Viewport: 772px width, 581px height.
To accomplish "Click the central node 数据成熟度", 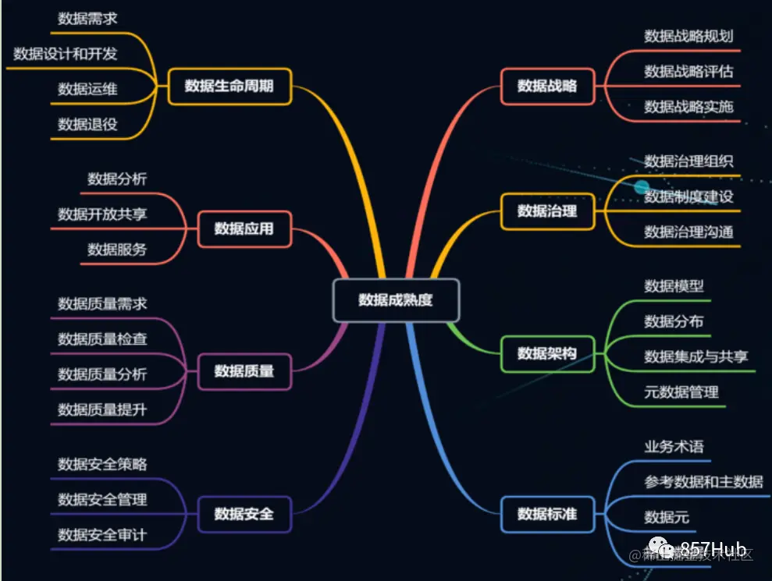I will pos(396,300).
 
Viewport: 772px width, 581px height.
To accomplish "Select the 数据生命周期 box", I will pos(229,86).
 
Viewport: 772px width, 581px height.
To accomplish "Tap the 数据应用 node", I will pos(244,229).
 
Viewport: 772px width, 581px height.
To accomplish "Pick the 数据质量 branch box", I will pos(244,370).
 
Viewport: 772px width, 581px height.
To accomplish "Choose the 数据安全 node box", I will pos(244,513).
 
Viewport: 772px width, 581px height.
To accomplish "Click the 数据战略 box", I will pos(547,86).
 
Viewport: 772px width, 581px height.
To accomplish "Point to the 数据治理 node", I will pos(547,211).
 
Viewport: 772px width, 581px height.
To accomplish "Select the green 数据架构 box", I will pos(547,353).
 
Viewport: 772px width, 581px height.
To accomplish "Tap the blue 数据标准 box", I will pos(547,513).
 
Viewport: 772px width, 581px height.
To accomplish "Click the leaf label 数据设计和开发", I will pos(66,55).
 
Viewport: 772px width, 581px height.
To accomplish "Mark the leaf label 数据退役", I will pos(87,124).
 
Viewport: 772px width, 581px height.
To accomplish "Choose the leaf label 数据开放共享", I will pos(102,214).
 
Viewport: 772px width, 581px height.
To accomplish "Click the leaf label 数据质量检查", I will pos(102,339).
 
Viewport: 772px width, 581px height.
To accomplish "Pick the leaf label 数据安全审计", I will pos(102,535).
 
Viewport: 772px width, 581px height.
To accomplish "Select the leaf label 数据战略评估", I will pos(688,71).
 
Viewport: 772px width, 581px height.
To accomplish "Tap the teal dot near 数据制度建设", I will pos(642,187).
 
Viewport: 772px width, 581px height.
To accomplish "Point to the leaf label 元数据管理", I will pos(681,391).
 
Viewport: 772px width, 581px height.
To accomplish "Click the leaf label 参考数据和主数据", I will pos(703,482).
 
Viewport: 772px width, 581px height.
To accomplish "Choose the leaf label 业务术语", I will pos(674,447).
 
